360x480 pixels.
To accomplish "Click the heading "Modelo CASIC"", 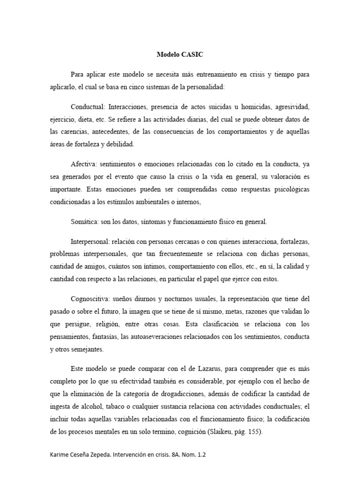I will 180,54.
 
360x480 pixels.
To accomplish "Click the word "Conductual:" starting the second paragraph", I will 88,107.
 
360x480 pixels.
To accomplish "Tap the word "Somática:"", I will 86,222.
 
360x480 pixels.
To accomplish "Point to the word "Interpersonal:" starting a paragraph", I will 90,241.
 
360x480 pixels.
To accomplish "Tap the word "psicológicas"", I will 287,190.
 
